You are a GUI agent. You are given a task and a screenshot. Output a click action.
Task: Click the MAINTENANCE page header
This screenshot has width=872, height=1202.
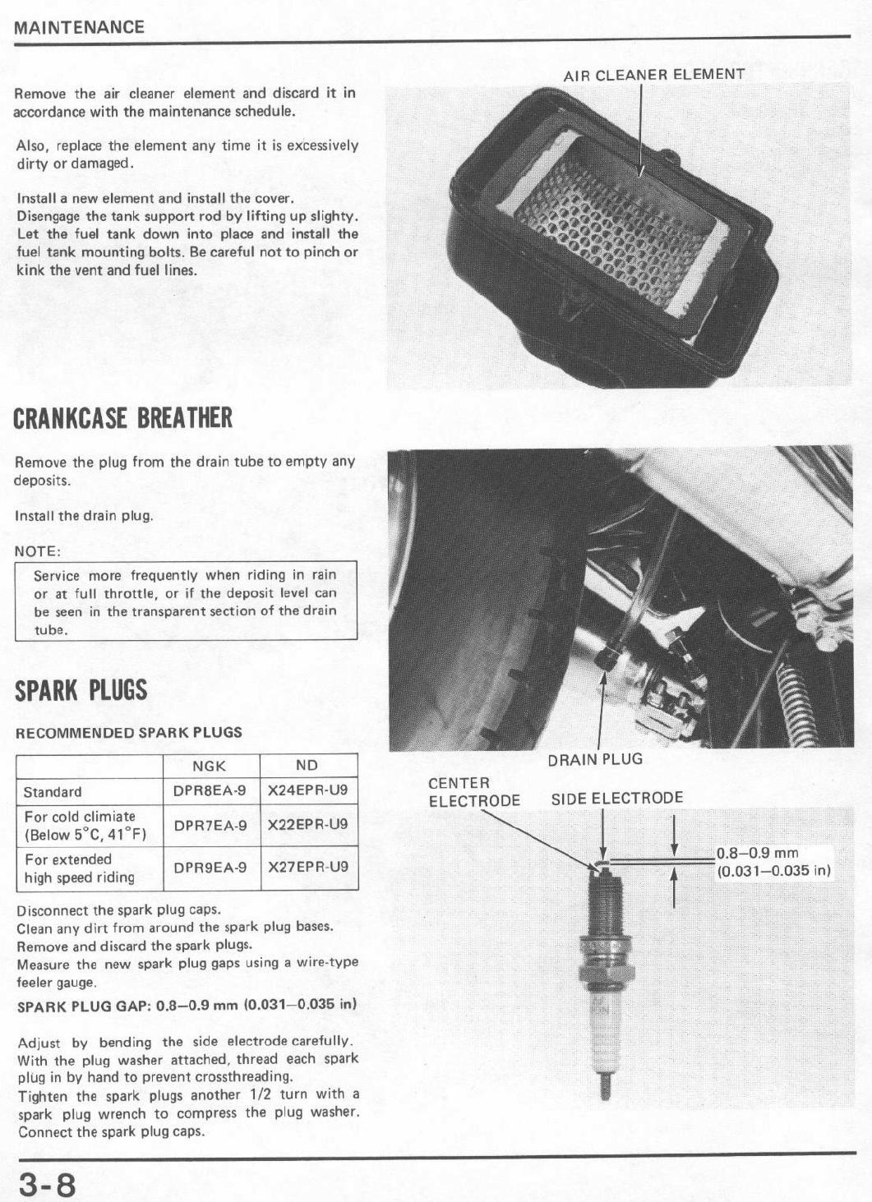click(x=79, y=27)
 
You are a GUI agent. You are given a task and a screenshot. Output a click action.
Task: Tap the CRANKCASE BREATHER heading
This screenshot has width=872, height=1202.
click(x=123, y=418)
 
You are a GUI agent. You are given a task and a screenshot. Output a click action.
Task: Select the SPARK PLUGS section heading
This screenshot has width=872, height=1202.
click(x=81, y=690)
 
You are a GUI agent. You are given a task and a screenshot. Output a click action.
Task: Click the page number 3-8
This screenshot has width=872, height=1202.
click(x=47, y=1185)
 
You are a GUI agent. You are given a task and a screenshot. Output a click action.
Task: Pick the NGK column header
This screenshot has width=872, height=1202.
click(x=209, y=766)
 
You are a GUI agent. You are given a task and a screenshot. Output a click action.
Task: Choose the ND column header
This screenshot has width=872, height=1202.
click(x=307, y=766)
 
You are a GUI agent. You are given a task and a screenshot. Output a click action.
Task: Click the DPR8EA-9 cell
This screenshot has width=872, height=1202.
click(x=210, y=791)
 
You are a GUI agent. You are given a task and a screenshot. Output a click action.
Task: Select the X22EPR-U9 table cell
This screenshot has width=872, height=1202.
click(x=308, y=824)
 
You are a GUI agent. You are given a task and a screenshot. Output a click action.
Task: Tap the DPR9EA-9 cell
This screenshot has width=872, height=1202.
click(x=210, y=867)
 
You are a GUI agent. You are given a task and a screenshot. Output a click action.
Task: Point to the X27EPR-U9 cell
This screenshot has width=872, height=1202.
click(x=308, y=867)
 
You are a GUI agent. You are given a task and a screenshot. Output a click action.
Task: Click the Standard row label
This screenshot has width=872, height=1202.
click(x=53, y=792)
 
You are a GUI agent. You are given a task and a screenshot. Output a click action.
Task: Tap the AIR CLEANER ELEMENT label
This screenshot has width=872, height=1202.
click(x=654, y=75)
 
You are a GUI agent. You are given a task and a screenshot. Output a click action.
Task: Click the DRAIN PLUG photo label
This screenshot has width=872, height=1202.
click(x=595, y=759)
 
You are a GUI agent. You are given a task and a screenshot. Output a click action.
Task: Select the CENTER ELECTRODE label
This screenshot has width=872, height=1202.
click(x=474, y=792)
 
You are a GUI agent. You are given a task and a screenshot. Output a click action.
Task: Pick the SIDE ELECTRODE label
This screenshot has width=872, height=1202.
click(x=616, y=799)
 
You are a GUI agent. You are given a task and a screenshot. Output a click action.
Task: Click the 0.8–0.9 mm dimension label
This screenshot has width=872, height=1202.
click(x=757, y=854)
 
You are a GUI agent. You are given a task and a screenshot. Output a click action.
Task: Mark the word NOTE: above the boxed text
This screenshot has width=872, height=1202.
click(x=38, y=551)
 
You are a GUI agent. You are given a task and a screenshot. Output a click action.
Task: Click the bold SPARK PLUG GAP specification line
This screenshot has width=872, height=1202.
click(x=187, y=1005)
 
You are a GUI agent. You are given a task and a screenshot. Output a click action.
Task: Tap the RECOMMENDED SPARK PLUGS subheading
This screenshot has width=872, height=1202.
click(x=129, y=732)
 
